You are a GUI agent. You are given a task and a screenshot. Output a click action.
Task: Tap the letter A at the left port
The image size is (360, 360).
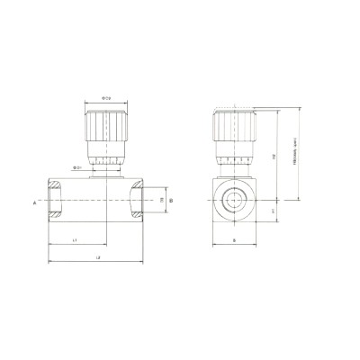[x=35, y=202]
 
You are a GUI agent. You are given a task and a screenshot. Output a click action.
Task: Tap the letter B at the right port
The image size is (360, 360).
[x=172, y=202]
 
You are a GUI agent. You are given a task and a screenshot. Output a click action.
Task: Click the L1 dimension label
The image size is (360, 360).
[x=76, y=241]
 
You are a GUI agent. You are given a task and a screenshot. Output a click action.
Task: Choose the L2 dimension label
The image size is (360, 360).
[x=97, y=258]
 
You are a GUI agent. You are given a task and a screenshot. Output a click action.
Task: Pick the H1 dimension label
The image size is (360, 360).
[x=274, y=211]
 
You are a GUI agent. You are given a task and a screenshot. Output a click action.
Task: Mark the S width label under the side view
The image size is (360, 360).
[x=233, y=241]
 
